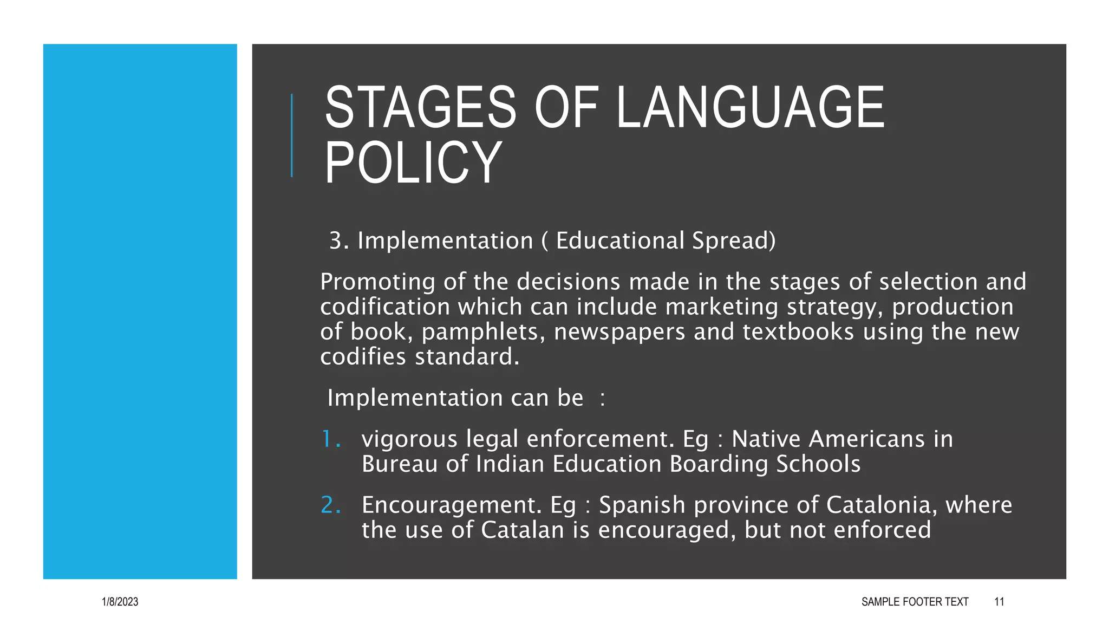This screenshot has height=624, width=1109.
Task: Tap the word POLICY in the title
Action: [413, 162]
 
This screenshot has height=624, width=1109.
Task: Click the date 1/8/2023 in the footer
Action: [120, 602]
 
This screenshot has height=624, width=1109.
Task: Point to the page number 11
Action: [999, 602]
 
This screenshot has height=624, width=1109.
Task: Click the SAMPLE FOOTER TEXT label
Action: [915, 602]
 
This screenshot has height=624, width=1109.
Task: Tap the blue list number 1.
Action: [330, 439]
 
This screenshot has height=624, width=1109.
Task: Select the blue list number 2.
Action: [330, 505]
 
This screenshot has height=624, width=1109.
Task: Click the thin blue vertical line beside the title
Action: [292, 135]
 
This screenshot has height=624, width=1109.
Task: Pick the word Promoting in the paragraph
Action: [377, 282]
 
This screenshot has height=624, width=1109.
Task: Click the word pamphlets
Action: [482, 332]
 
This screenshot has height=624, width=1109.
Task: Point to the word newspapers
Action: [619, 332]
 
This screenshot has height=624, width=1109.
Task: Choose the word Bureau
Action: [399, 464]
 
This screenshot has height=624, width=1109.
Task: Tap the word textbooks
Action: [798, 332]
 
